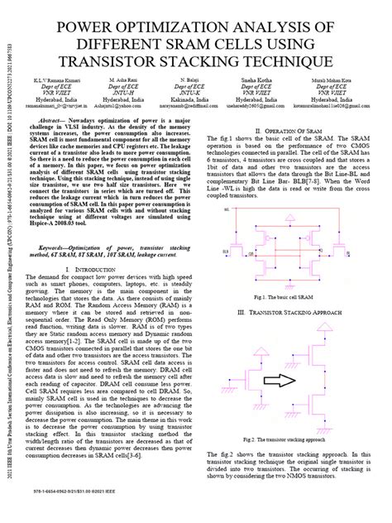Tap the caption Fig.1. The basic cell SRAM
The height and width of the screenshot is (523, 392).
pyautogui.click(x=286, y=296)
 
